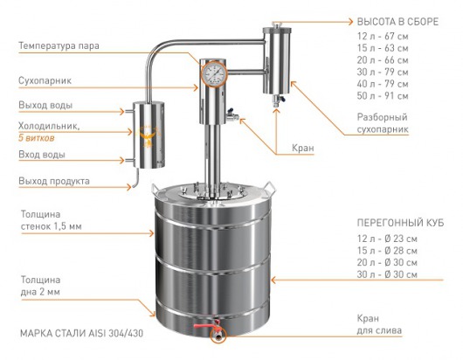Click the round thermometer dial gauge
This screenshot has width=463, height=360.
[214, 73]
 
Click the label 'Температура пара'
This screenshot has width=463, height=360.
[59, 46]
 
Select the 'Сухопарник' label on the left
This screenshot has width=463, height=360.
[45, 81]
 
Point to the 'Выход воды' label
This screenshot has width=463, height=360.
[45, 105]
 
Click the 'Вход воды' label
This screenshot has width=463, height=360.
[42, 155]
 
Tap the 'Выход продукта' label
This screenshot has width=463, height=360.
[54, 181]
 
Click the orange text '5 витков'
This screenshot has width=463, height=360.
[37, 138]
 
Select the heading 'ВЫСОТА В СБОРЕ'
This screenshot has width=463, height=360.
[397, 22]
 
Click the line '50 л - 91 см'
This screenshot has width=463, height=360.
[383, 96]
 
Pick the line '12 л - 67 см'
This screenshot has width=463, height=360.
[383, 37]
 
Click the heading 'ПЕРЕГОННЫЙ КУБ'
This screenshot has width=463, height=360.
[400, 223]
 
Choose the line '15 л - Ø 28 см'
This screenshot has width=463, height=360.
[387, 251]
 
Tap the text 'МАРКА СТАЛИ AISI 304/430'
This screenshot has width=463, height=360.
[81, 334]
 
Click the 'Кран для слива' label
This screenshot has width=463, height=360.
[379, 324]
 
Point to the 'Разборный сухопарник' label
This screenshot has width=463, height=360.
[383, 123]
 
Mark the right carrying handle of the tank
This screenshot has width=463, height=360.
[270, 188]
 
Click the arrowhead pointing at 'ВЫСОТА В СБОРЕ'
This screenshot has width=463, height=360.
[350, 22]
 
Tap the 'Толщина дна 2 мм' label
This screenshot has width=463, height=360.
[40, 286]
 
